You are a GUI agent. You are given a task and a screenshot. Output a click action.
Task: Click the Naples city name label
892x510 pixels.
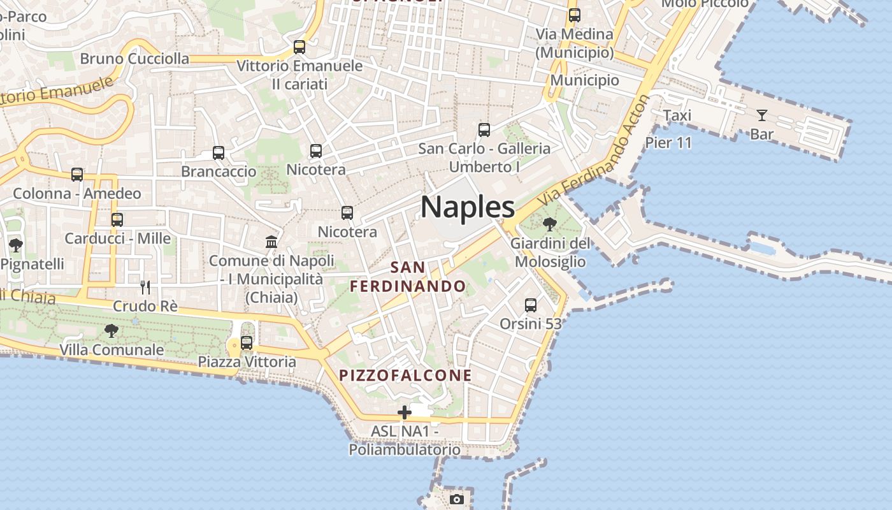[468, 207]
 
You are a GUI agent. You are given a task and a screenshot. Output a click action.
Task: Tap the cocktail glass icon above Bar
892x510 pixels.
[762, 115]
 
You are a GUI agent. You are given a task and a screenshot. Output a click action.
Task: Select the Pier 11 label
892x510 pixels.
[668, 142]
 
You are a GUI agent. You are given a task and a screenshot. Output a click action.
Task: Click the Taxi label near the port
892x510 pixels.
[677, 115]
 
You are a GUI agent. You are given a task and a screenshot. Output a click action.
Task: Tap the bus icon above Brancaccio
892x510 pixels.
[219, 153]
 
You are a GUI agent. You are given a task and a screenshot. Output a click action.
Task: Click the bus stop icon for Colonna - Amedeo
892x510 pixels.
[77, 175]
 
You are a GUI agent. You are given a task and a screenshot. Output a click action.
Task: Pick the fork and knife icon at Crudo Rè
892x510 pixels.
[145, 288]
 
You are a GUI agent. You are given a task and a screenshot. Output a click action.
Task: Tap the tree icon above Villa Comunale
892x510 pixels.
[111, 331]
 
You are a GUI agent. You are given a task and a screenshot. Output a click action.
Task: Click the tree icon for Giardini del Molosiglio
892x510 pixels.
[549, 224]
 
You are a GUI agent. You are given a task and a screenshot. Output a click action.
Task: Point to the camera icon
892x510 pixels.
[456, 499]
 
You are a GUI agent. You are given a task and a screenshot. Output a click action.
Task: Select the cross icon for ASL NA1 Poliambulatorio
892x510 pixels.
[404, 413]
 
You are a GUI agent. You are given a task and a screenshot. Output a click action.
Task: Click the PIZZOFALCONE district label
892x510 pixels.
[405, 375]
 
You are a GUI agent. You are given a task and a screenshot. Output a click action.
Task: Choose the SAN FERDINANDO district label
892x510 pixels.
[408, 277]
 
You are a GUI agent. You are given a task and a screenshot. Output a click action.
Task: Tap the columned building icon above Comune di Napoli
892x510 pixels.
[271, 242]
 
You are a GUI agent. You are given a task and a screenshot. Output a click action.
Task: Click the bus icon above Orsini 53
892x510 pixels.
[531, 305]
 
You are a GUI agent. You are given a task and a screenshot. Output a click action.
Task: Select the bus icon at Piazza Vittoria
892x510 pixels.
[247, 343]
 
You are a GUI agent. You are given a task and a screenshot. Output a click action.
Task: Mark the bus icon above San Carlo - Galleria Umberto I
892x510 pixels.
[484, 131]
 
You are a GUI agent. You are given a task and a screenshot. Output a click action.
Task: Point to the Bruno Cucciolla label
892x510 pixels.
[134, 59]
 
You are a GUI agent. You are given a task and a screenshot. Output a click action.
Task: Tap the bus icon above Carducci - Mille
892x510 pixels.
[117, 220]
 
